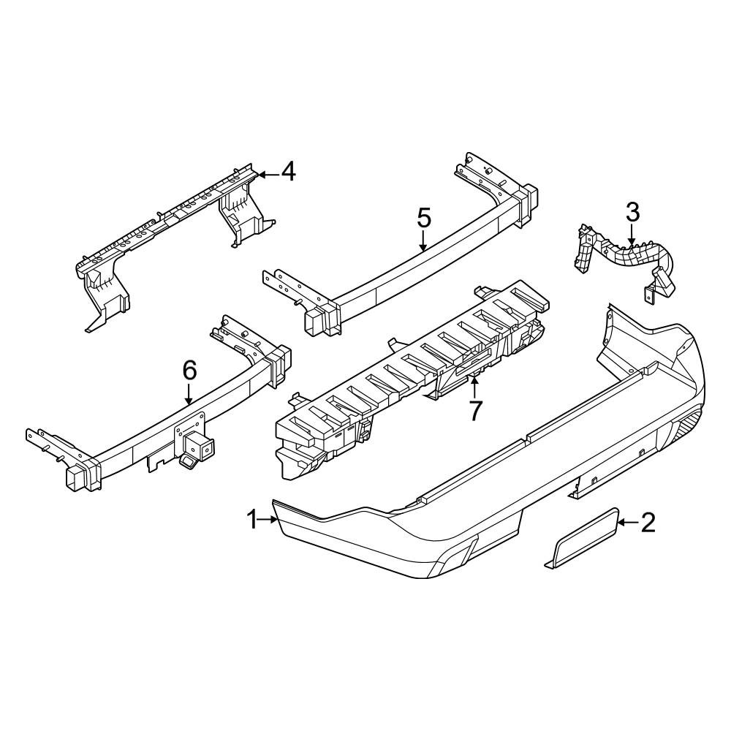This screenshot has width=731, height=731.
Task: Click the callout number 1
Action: pos(252,519)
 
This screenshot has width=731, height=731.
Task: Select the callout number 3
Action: pos(632,213)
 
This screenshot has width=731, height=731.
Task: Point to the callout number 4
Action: pos(288,172)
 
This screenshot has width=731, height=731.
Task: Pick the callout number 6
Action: pos(189,371)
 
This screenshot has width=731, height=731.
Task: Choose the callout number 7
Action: pos(474,411)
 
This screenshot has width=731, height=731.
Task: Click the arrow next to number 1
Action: pos(268,519)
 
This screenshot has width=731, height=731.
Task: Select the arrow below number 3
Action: pos(632,235)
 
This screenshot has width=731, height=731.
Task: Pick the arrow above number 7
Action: pos(474,389)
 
